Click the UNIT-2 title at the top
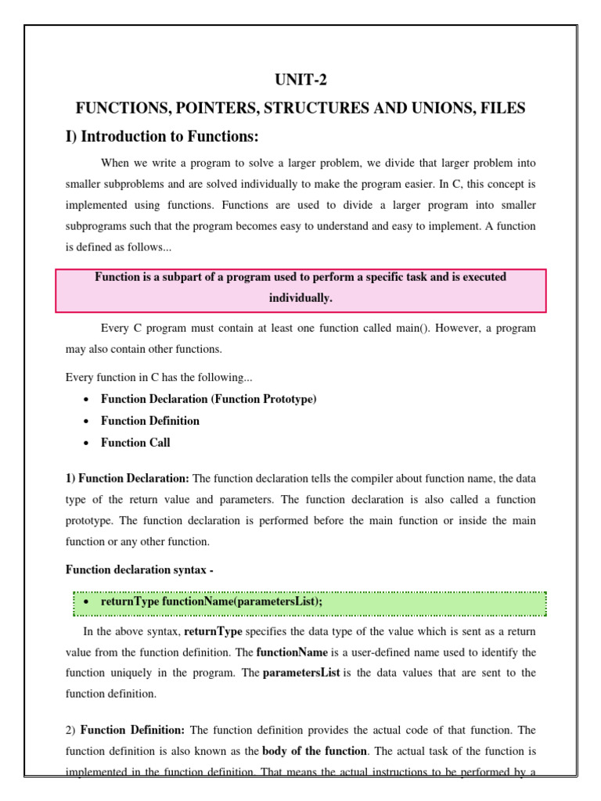point(300,79)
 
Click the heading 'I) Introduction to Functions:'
point(161,137)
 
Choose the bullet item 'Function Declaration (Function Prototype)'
point(208,399)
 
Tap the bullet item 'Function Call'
point(135,443)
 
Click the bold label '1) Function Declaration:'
point(127,478)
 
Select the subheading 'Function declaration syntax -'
point(139,570)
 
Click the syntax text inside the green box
point(211,603)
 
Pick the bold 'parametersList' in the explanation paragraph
point(301,673)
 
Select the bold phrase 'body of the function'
point(314,751)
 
